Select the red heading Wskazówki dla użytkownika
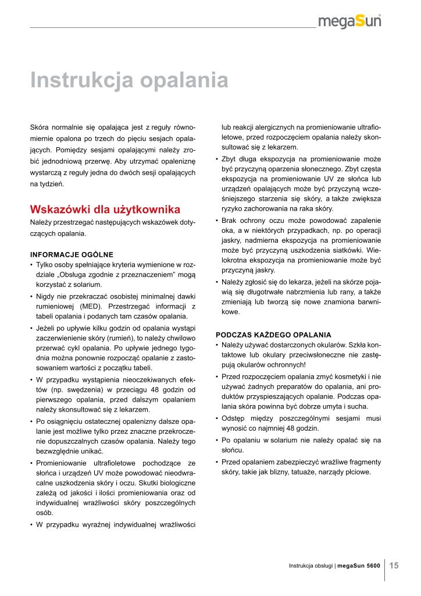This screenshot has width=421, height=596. click(105, 209)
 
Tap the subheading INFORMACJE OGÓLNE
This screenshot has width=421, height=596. click(72, 254)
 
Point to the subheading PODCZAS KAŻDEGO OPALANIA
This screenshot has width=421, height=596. click(273, 335)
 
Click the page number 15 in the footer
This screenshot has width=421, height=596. click(394, 565)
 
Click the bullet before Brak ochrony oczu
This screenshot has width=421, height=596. click(217, 221)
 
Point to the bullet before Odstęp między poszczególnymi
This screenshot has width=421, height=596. click(217, 418)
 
